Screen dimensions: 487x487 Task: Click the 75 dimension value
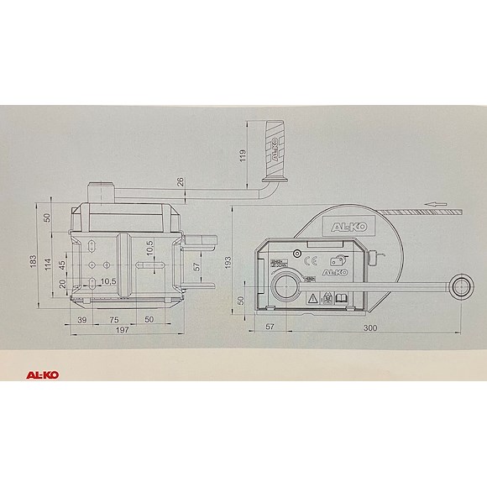pyautogui.click(x=113, y=321)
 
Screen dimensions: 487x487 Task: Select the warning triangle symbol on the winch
pyautogui.click(x=312, y=298)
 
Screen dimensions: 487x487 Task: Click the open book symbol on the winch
pyautogui.click(x=343, y=297)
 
